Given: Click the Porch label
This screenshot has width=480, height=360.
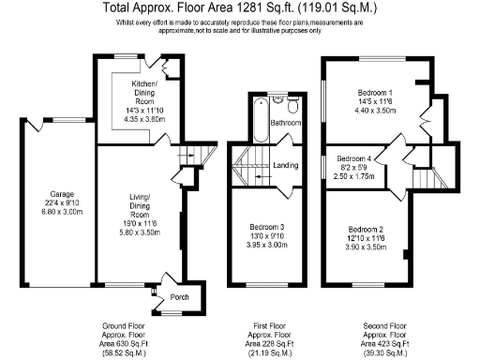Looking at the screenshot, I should coord(178,297).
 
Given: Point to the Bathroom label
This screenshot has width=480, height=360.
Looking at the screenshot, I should coord(285,123).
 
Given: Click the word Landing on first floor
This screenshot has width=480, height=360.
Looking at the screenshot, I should coord(286,166).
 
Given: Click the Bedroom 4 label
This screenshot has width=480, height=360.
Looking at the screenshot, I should coord(353,158).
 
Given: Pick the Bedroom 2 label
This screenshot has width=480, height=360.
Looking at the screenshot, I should coord(366,230).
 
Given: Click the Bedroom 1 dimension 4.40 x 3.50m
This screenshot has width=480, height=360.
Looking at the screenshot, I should coord(375,111).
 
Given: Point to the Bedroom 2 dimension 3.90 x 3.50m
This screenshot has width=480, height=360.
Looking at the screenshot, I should coord(366,248).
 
